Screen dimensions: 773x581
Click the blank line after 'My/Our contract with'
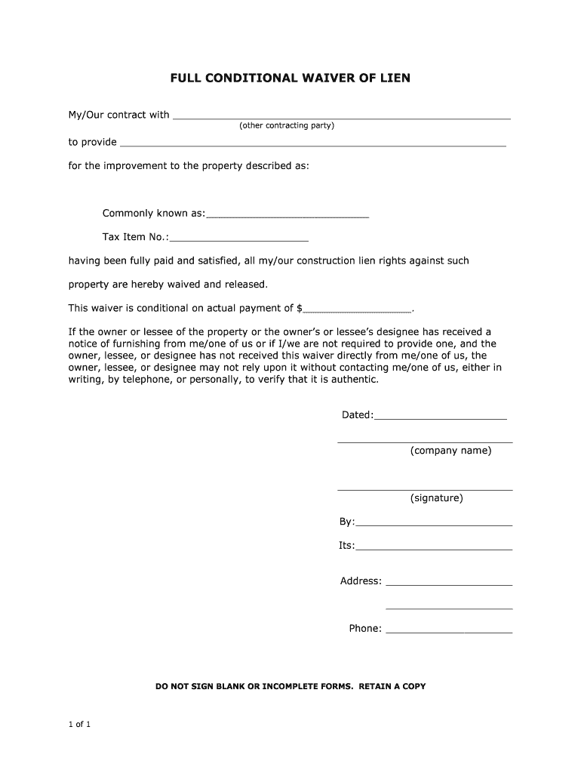(341, 117)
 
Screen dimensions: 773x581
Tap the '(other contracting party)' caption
(287, 125)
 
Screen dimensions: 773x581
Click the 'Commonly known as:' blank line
(287, 215)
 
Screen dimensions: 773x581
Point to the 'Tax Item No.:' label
(136, 237)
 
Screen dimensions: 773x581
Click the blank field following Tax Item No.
(239, 239)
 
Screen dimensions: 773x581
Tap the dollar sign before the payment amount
(300, 308)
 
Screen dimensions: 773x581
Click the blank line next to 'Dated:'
(440, 417)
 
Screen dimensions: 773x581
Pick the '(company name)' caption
(450, 451)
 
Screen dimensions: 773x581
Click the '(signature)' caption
(437, 498)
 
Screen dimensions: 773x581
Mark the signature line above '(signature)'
(425, 489)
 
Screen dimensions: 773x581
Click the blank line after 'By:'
(434, 523)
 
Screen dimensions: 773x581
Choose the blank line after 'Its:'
(434, 547)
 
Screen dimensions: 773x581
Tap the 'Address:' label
(361, 581)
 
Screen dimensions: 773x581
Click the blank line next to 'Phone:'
(449, 630)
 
